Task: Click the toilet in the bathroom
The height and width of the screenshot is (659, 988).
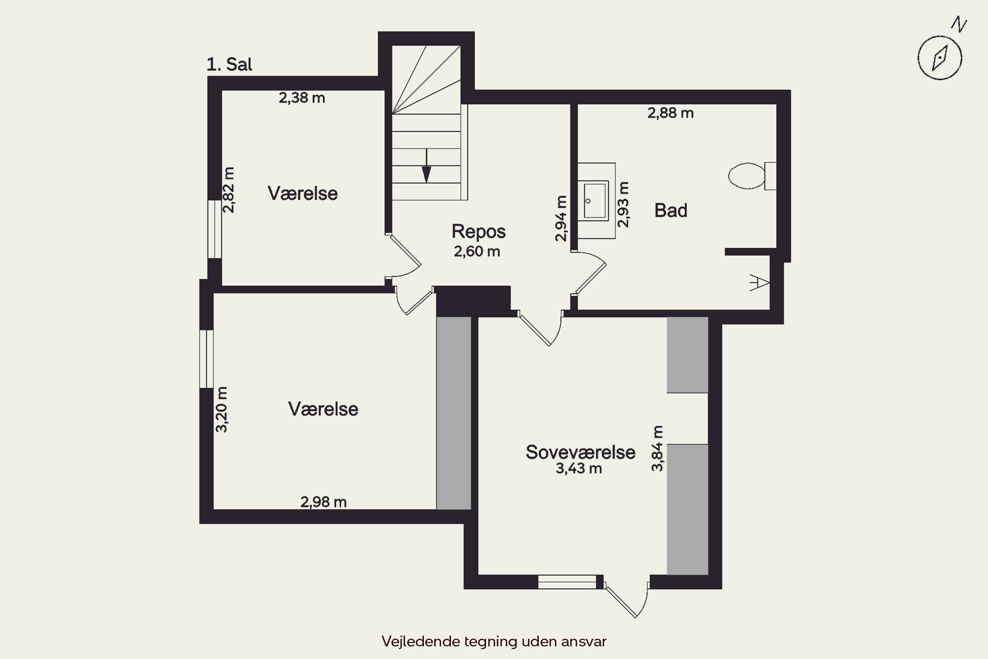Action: [x=752, y=176]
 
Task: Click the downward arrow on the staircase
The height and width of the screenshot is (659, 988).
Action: [x=426, y=166]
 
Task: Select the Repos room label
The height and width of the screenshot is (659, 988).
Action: [x=479, y=232]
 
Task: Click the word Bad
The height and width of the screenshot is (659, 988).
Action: [x=671, y=210]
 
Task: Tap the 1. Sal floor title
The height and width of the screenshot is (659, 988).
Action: [x=229, y=64]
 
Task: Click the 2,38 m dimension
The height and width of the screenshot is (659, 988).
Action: [x=302, y=98]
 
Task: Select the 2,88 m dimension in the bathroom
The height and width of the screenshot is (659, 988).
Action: [x=671, y=113]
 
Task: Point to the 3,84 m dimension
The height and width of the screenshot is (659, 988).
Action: [x=657, y=448]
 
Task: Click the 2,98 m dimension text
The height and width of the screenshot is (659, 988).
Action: [x=323, y=502]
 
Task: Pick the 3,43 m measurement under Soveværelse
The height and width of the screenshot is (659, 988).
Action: [x=579, y=468]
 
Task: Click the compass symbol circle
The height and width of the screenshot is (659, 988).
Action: [x=940, y=58]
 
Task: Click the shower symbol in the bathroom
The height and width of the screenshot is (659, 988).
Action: [x=759, y=282]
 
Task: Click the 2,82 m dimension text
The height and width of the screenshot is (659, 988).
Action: [x=229, y=190]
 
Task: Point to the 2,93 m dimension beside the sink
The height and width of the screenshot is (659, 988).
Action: [x=623, y=205]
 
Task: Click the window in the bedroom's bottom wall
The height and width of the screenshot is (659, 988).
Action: [x=567, y=582]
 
